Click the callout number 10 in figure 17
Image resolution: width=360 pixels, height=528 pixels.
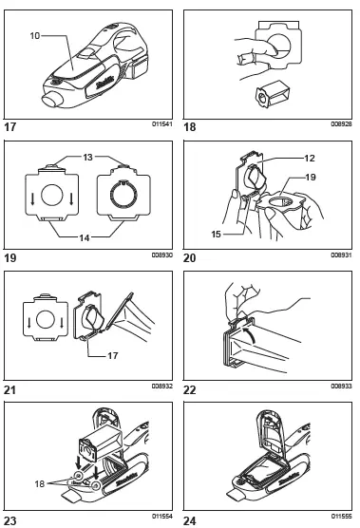(x=35, y=35)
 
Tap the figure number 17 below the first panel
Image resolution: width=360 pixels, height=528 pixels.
(x=9, y=127)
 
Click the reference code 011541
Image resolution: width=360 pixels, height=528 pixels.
(x=162, y=123)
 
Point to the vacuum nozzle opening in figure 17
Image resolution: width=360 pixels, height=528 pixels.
(x=52, y=100)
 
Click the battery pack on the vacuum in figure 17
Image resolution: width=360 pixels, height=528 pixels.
(x=140, y=68)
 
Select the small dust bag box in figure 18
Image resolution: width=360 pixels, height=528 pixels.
(x=273, y=94)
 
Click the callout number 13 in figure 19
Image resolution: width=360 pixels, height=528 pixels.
(x=88, y=158)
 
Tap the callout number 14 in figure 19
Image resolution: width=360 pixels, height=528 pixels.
(x=85, y=237)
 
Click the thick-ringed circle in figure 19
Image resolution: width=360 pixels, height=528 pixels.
(x=123, y=194)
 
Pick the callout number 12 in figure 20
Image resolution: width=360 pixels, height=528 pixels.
(x=309, y=158)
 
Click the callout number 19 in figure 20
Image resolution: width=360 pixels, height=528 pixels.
(x=311, y=178)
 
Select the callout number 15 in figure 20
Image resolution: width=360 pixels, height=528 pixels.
(x=217, y=234)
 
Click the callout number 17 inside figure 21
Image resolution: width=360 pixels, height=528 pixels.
(x=113, y=355)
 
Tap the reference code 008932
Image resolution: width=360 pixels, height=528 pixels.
(x=162, y=386)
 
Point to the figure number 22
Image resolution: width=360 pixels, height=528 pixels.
(x=190, y=390)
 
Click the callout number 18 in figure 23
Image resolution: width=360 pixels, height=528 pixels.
(x=40, y=483)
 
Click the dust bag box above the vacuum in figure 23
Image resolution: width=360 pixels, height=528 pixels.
(x=101, y=445)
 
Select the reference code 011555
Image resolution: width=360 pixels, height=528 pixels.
(x=342, y=517)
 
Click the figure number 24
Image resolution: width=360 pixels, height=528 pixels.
(x=190, y=521)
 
